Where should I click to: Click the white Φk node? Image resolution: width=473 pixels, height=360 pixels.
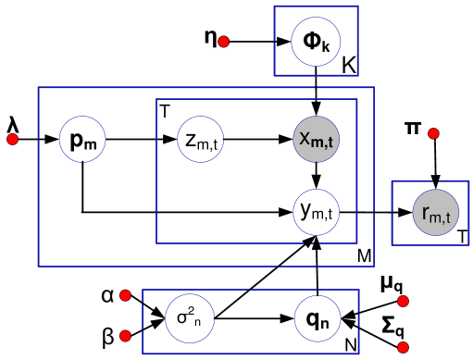[x=316, y=42]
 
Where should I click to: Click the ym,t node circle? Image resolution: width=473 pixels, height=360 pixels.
[x=316, y=211]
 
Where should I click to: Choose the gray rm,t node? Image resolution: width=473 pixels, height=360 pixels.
[x=435, y=213]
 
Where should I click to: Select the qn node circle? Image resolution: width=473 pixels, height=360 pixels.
[x=316, y=318]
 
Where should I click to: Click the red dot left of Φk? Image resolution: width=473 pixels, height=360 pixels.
[x=223, y=42]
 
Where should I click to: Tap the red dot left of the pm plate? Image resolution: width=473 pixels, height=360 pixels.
[x=12, y=140]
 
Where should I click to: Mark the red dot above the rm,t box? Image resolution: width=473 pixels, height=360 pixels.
[x=433, y=133]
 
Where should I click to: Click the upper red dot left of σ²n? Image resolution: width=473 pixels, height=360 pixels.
[x=125, y=295]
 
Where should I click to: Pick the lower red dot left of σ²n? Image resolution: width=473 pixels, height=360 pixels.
[x=125, y=335]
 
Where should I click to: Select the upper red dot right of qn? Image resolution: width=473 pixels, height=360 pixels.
[x=403, y=301]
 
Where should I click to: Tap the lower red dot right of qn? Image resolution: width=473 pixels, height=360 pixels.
[x=403, y=347]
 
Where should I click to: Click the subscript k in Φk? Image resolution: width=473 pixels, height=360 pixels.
[x=326, y=46]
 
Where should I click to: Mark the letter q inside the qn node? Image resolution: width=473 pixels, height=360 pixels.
[x=312, y=318]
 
